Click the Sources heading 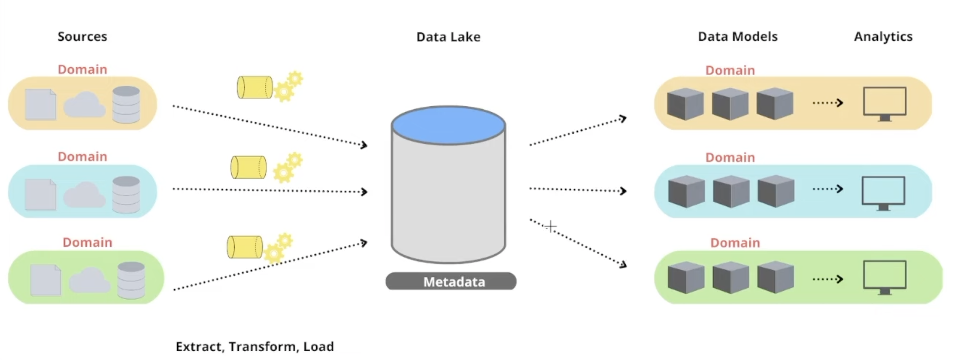pyautogui.click(x=82, y=37)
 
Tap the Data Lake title pyautogui.click(x=448, y=37)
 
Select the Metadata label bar pyautogui.click(x=451, y=281)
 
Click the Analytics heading pyautogui.click(x=883, y=37)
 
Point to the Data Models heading pyautogui.click(x=737, y=37)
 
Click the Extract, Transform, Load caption pyautogui.click(x=255, y=346)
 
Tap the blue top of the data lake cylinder pyautogui.click(x=448, y=125)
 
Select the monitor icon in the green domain pyautogui.click(x=884, y=277)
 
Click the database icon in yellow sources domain pyautogui.click(x=126, y=104)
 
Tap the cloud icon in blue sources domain pyautogui.click(x=84, y=195)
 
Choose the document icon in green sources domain pyautogui.click(x=45, y=280)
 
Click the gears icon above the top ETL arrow pyautogui.click(x=288, y=86)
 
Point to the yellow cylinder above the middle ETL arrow pyautogui.click(x=248, y=167)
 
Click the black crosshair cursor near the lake pyautogui.click(x=551, y=226)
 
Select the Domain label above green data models pyautogui.click(x=735, y=243)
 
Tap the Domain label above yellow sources pyautogui.click(x=82, y=69)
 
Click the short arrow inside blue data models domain pyautogui.click(x=828, y=189)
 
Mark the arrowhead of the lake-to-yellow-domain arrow pyautogui.click(x=623, y=119)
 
